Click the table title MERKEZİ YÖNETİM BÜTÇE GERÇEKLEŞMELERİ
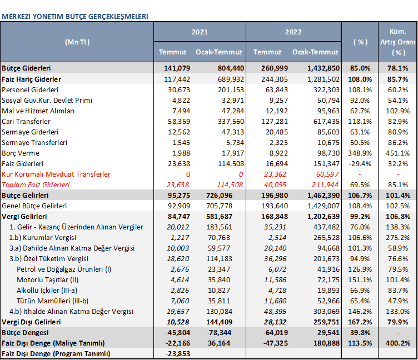pyautogui.click(x=75, y=17)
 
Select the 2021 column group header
pyautogui.click(x=200, y=32)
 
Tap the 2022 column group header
pyautogui.click(x=293, y=32)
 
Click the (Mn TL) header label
pyautogui.click(x=77, y=42)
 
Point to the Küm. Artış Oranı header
pyautogui.click(x=398, y=42)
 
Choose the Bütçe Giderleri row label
pyautogui.click(x=26, y=68)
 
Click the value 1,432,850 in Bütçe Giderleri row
pyautogui.click(x=324, y=68)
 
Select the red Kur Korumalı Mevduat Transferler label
pyautogui.click(x=56, y=174)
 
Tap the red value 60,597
pyautogui.click(x=327, y=174)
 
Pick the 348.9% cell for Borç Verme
pyautogui.click(x=360, y=153)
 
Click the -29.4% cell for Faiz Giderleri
pyautogui.click(x=360, y=164)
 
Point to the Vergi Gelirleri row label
pyautogui.click(x=24, y=216)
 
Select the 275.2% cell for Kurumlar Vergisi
pyautogui.click(x=398, y=237)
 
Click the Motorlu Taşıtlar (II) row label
pyautogui.click(x=47, y=280)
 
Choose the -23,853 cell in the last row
pyautogui.click(x=178, y=353)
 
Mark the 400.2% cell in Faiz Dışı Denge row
pyautogui.click(x=398, y=343)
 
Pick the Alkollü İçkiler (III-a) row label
pyautogui.click(x=47, y=290)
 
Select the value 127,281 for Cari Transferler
pyautogui.click(x=275, y=122)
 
